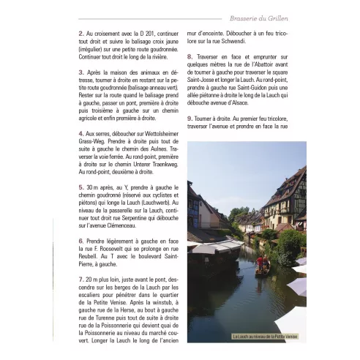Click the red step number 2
click(80, 34)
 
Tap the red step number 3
click(80, 73)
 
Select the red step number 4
click(80, 135)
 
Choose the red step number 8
click(190, 56)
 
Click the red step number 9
click(190, 118)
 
